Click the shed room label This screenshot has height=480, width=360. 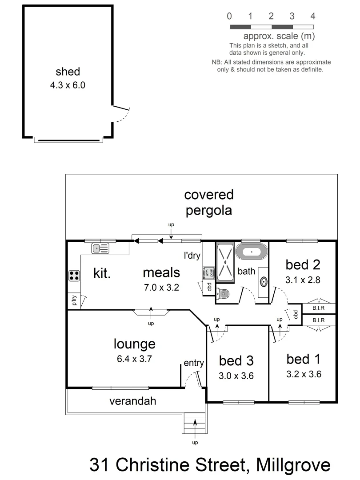coord(68,72)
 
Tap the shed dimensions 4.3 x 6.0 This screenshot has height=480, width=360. coord(68,85)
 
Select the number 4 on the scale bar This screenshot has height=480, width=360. coord(313,16)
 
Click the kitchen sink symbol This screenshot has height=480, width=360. coord(100,248)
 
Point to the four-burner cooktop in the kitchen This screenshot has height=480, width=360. coord(74,276)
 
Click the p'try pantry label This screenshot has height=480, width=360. coord(74,301)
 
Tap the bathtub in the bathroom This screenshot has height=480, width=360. coord(252,252)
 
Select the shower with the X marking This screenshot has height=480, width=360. coord(226,262)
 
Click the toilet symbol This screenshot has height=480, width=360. coord(224,293)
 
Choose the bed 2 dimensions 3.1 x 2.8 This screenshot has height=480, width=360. coord(303,280)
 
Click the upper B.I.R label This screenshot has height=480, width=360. coord(318,308)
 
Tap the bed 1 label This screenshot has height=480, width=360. coord(304,359)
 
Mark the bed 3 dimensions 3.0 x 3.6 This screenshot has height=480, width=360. coord(236,376)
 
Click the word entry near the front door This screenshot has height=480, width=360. coord(194,363)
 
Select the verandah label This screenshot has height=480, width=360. coord(133,401)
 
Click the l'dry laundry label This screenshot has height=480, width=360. coord(192,256)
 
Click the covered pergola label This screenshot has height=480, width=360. coord(209,202)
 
